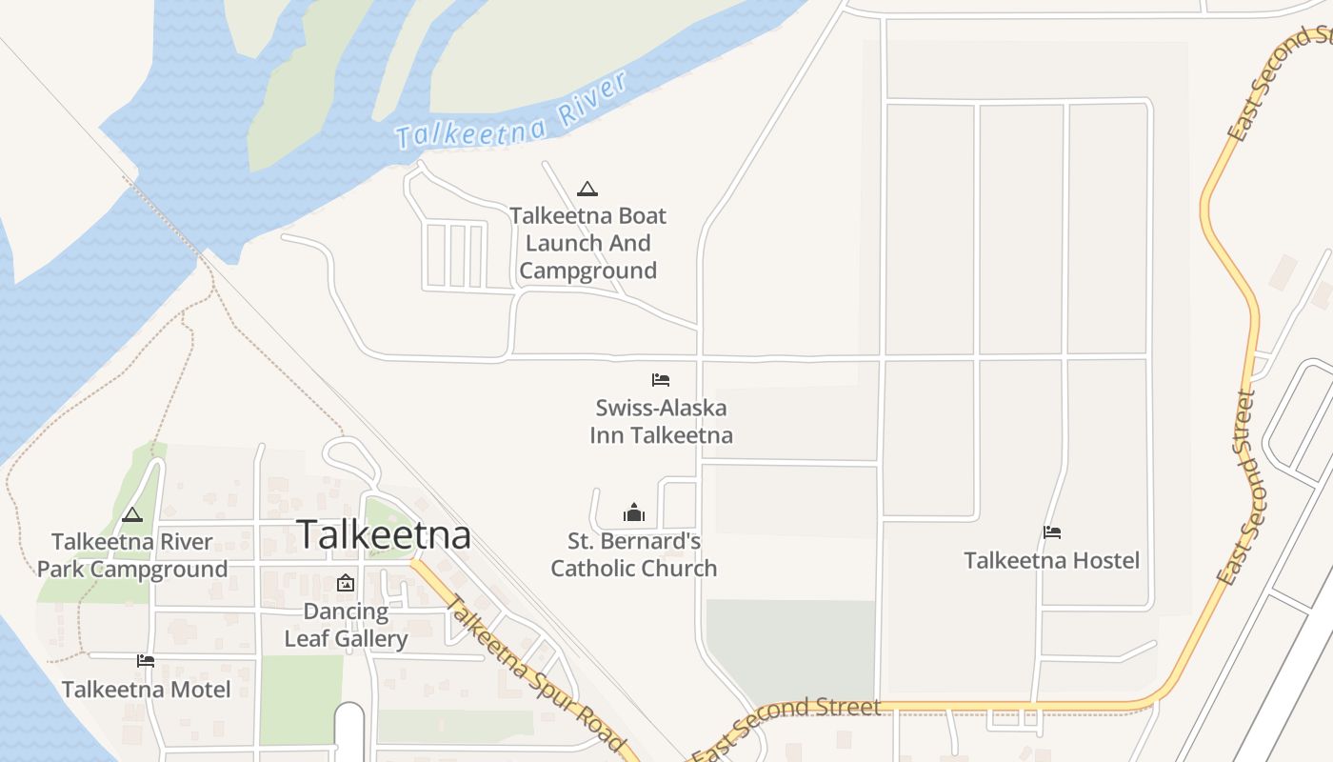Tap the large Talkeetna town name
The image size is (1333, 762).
pyautogui.click(x=384, y=535)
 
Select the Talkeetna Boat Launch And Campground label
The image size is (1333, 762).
pyautogui.click(x=588, y=243)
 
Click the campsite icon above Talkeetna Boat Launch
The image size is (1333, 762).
pyautogui.click(x=587, y=189)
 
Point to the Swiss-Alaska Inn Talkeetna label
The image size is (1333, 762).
pyautogui.click(x=661, y=421)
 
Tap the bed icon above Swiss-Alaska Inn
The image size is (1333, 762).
pyautogui.click(x=661, y=380)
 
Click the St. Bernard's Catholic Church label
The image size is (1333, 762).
pyautogui.click(x=634, y=554)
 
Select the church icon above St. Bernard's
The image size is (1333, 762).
pyautogui.click(x=634, y=513)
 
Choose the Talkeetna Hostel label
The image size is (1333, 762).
pyautogui.click(x=1051, y=560)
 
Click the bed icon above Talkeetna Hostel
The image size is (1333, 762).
pyautogui.click(x=1052, y=532)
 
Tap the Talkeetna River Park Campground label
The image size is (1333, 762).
pyautogui.click(x=132, y=555)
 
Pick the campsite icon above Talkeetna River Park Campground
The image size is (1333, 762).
pyautogui.click(x=132, y=515)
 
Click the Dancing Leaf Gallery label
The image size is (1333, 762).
pyautogui.click(x=346, y=625)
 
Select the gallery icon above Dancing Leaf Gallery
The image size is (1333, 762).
pyautogui.click(x=346, y=583)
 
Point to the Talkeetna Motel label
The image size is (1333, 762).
pyautogui.click(x=146, y=689)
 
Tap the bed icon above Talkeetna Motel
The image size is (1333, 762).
pyautogui.click(x=146, y=660)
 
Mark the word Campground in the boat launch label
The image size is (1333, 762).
pyautogui.click(x=588, y=271)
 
